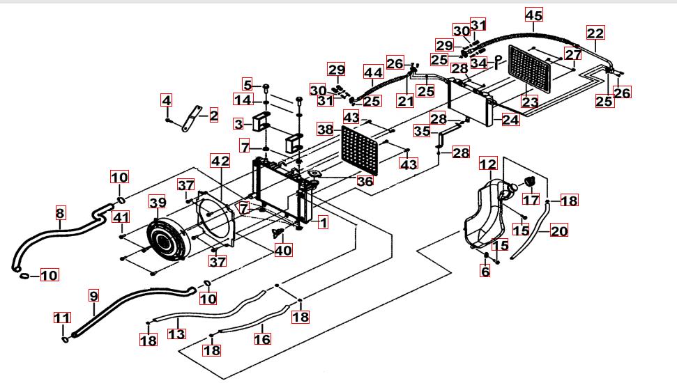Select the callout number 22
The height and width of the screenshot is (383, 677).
tap(595, 33)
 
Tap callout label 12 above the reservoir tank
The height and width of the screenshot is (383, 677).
tap(488, 164)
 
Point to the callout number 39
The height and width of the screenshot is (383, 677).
tap(158, 202)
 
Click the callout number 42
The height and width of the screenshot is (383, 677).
tap(220, 161)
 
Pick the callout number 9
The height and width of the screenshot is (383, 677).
tap(93, 295)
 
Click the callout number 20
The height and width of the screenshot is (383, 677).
tap(559, 230)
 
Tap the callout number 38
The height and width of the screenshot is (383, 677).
tap(325, 129)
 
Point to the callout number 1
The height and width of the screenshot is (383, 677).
tap(323, 223)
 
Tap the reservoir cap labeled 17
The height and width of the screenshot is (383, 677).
tap(528, 182)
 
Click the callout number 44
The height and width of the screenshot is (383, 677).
tap(373, 72)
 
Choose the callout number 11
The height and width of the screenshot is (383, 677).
tap(62, 319)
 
